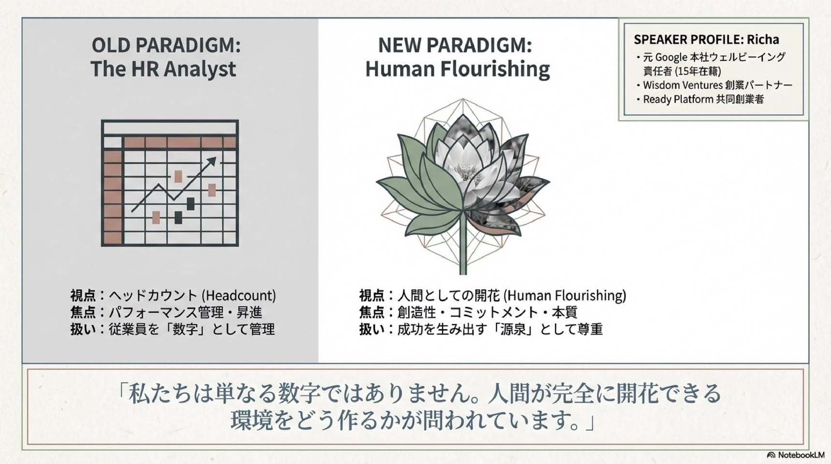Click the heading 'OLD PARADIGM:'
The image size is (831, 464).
(166, 45)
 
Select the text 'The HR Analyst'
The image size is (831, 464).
(163, 69)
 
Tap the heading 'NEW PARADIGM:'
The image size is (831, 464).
(455, 45)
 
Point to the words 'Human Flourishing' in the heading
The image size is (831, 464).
(458, 69)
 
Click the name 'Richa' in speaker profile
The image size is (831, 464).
(763, 40)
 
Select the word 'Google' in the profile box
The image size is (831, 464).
(671, 58)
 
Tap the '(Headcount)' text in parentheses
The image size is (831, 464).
(239, 295)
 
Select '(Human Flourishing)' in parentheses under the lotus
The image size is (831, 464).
(565, 295)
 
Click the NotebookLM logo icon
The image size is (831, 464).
(771, 455)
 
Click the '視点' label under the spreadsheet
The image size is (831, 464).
(83, 295)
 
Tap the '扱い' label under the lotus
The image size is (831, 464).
(372, 329)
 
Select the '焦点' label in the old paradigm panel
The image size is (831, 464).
(83, 312)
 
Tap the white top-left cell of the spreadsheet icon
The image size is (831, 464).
(113, 142)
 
